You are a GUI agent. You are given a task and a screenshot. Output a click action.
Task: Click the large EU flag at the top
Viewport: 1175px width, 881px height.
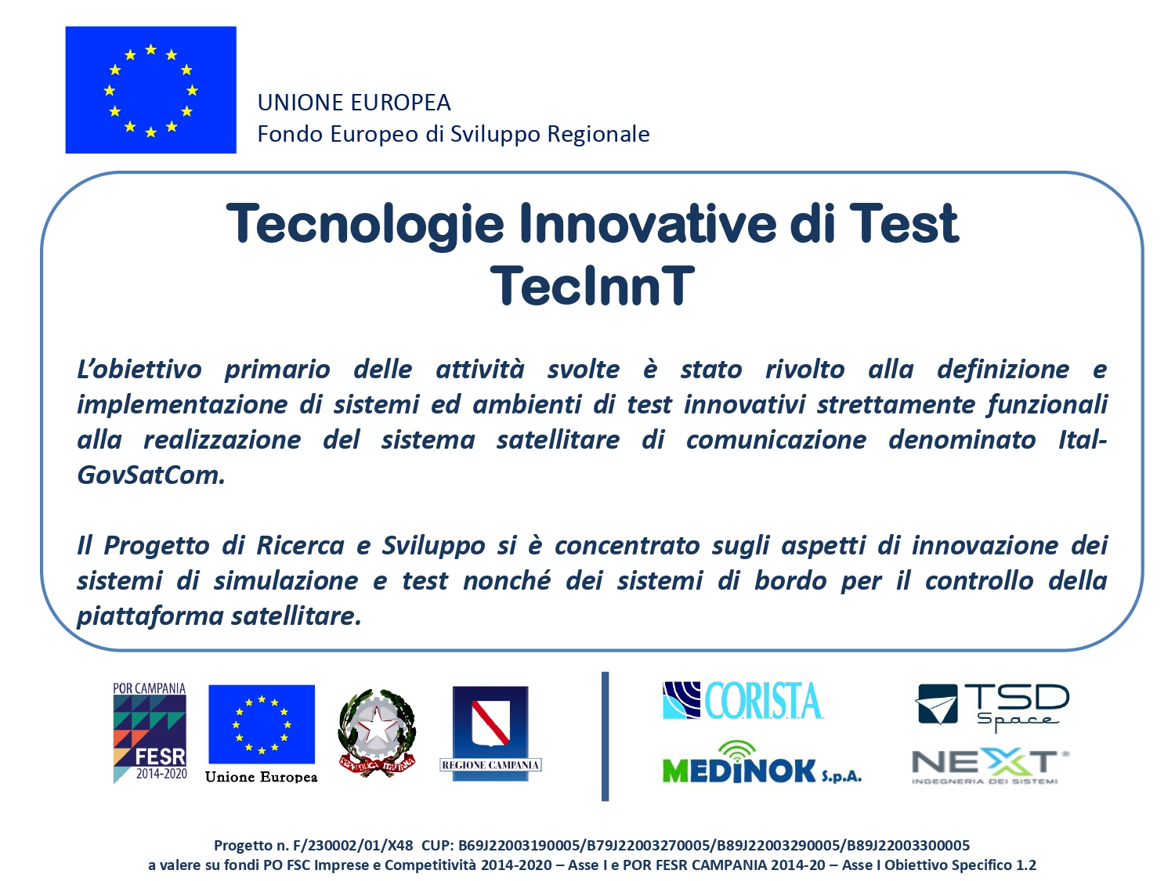[x=150, y=90]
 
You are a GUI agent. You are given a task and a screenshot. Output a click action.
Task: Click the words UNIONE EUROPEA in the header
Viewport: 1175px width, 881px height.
[x=354, y=102]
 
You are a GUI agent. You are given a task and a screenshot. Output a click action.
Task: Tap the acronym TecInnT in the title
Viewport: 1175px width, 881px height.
[x=592, y=286]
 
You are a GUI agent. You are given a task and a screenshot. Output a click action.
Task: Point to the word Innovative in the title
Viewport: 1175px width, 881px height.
[x=647, y=223]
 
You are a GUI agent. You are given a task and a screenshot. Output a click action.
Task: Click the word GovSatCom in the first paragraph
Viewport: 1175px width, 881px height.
[x=150, y=475]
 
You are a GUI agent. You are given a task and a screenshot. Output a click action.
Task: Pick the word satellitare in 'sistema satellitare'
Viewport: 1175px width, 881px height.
[x=558, y=439]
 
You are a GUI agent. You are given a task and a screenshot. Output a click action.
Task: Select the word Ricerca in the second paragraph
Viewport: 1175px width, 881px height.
[x=300, y=546]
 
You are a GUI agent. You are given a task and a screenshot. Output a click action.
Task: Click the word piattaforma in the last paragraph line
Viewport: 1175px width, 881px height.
[x=148, y=616]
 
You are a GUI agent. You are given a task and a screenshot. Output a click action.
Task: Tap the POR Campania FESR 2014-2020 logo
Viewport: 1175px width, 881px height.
[x=150, y=733]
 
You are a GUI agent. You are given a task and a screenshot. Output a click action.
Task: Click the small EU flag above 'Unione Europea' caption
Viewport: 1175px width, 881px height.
[x=261, y=724]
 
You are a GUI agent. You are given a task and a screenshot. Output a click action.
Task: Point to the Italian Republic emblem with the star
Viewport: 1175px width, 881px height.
[x=378, y=732]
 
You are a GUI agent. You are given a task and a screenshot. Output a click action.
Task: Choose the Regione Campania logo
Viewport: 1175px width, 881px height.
[x=490, y=733]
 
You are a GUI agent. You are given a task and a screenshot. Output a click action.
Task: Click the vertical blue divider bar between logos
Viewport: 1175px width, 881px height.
[x=605, y=736]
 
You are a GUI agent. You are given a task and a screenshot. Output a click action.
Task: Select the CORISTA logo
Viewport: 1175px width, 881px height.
[x=743, y=700]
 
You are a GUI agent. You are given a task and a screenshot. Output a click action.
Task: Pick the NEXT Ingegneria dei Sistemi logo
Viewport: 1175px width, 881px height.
[x=990, y=766]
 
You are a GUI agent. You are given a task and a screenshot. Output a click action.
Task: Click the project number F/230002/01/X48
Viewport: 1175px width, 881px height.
[x=352, y=845]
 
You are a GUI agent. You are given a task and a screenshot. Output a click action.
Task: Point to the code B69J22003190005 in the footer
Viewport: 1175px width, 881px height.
[x=519, y=845]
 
